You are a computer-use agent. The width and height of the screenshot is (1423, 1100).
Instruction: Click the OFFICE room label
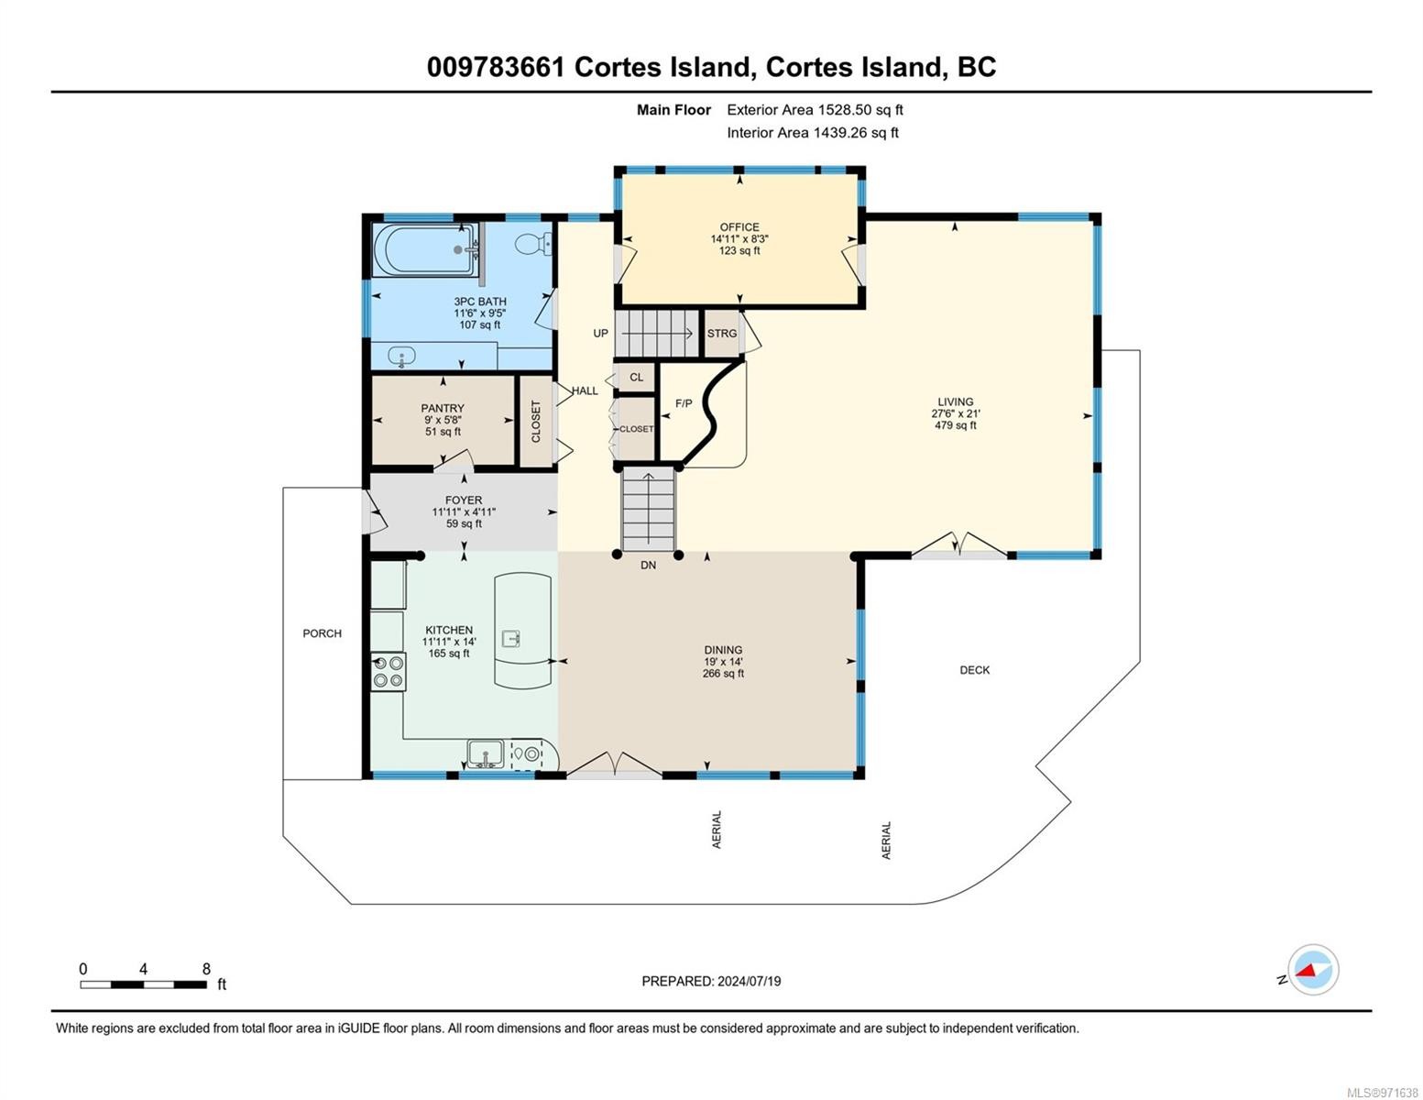tap(739, 226)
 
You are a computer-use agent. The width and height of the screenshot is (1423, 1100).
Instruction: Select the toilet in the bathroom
tap(532, 245)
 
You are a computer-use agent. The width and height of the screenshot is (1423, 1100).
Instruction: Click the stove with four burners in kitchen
tap(388, 672)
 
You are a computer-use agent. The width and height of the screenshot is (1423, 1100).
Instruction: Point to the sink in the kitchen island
tap(510, 637)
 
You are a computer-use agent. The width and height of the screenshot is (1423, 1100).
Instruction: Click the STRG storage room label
tap(722, 334)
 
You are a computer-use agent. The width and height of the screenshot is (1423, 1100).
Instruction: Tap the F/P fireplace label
tap(684, 403)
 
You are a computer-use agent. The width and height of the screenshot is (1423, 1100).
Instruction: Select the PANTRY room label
tap(443, 408)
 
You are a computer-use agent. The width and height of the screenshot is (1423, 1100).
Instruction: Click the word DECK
tap(974, 670)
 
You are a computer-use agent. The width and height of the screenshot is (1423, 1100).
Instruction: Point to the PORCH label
tap(323, 633)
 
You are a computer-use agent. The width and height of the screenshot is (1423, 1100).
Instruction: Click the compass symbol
tap(1312, 970)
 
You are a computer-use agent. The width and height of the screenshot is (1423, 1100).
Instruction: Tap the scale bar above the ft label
tap(144, 984)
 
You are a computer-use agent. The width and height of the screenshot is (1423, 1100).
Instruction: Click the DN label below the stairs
tap(648, 565)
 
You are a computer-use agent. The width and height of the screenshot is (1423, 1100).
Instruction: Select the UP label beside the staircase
tap(600, 334)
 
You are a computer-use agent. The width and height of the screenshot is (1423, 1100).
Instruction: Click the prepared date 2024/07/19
tap(749, 982)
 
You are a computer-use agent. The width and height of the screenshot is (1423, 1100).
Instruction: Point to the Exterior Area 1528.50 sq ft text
tap(815, 110)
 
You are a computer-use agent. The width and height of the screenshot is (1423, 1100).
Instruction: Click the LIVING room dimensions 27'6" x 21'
tap(956, 413)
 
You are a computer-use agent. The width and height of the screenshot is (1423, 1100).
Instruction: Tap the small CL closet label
tap(637, 378)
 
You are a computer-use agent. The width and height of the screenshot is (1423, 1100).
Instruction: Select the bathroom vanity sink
tap(401, 357)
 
